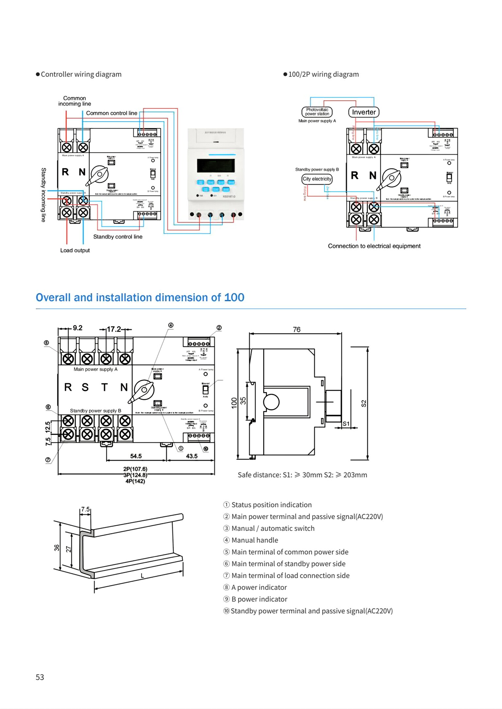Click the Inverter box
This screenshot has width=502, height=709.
point(363,112)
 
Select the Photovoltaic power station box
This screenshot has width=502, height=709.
point(317,112)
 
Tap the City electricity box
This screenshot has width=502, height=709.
point(317,179)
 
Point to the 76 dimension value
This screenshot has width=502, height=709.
point(296,330)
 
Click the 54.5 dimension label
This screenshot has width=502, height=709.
point(136,456)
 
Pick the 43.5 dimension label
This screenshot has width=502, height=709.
point(192,456)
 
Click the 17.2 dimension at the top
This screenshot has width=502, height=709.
point(114,329)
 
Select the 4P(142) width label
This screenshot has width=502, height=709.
point(135,481)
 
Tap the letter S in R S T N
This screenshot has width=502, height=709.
point(85,387)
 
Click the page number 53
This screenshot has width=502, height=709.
point(40,677)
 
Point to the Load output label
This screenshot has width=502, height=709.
point(75,250)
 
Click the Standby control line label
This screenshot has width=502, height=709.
point(118,237)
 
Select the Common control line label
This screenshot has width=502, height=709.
point(111,113)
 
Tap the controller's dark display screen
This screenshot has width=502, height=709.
point(216,165)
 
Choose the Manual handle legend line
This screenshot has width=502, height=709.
point(255,540)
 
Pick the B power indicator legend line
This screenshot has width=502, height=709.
point(259,599)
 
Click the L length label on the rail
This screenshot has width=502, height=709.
point(142,576)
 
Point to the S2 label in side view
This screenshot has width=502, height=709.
point(363,403)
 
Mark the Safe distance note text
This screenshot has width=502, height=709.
point(302,475)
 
